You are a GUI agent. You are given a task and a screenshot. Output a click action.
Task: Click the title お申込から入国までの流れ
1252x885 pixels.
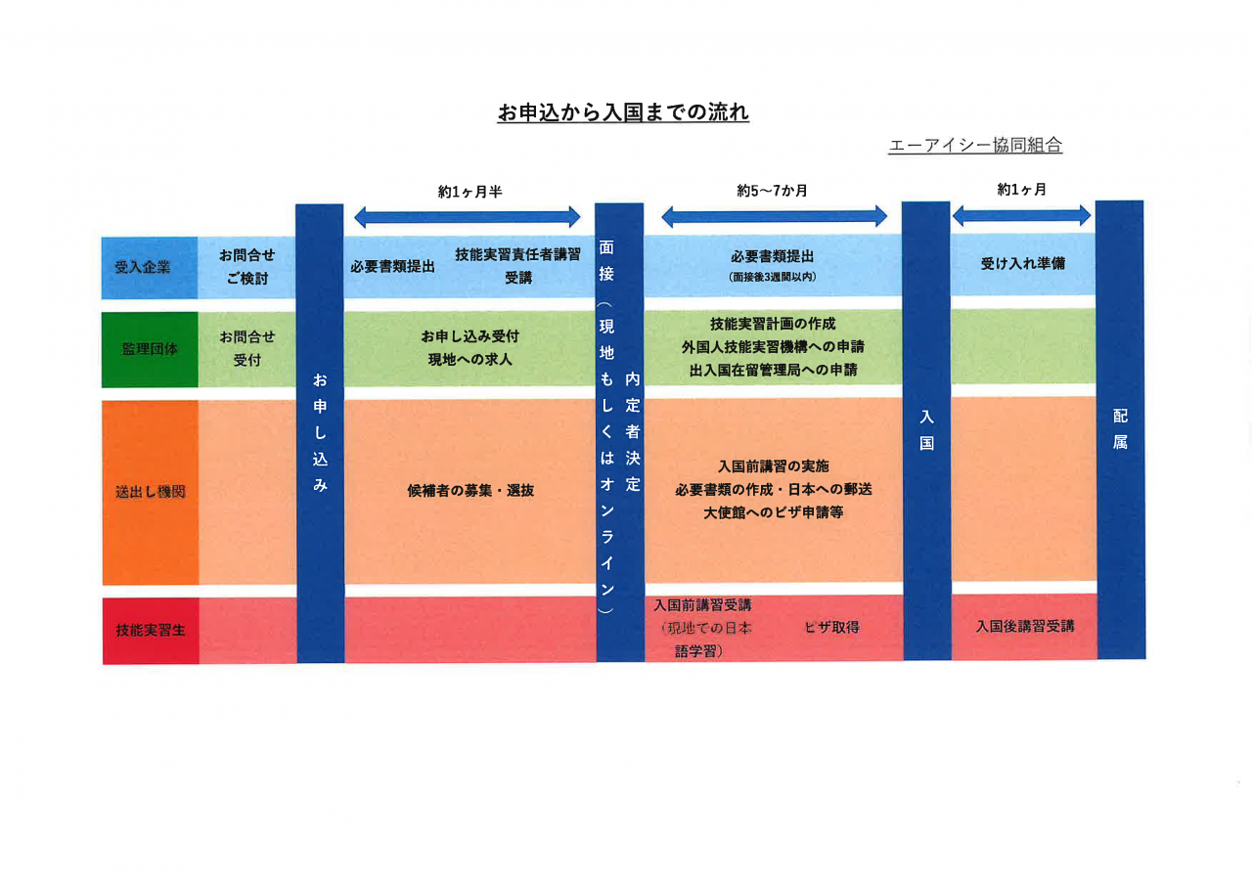(623, 112)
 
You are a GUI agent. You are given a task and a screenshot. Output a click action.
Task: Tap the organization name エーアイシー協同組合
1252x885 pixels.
(975, 146)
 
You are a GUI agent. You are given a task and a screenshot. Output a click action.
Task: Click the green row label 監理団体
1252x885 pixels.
(149, 349)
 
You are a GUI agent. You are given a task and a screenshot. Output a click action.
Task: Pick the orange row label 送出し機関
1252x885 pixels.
(150, 492)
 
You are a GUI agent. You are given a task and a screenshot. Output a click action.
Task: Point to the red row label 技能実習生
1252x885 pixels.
(150, 631)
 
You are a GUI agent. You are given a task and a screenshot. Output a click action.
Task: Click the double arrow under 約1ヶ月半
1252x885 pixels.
(468, 217)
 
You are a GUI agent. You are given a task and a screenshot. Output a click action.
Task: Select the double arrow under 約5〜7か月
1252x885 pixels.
(774, 216)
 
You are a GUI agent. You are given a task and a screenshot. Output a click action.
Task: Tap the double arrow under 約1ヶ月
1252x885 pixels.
(1021, 215)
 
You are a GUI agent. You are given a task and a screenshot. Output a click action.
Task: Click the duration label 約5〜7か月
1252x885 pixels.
(773, 191)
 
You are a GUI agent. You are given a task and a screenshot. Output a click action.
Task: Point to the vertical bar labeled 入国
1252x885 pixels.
(926, 430)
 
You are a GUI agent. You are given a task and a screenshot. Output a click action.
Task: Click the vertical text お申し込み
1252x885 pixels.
(320, 431)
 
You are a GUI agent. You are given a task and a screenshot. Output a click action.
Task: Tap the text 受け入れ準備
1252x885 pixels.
(1023, 263)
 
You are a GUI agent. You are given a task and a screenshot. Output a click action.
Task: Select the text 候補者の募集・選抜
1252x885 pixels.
(470, 491)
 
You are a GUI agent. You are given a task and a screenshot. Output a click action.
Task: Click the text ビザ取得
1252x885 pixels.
(831, 627)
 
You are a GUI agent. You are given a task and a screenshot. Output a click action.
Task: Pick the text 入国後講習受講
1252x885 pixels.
(1024, 626)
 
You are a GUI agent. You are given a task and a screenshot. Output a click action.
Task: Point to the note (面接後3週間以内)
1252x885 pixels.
(773, 277)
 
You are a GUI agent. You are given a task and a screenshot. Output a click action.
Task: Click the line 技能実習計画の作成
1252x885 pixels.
(773, 324)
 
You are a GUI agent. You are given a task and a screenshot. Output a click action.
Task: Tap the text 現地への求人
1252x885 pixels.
(469, 359)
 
